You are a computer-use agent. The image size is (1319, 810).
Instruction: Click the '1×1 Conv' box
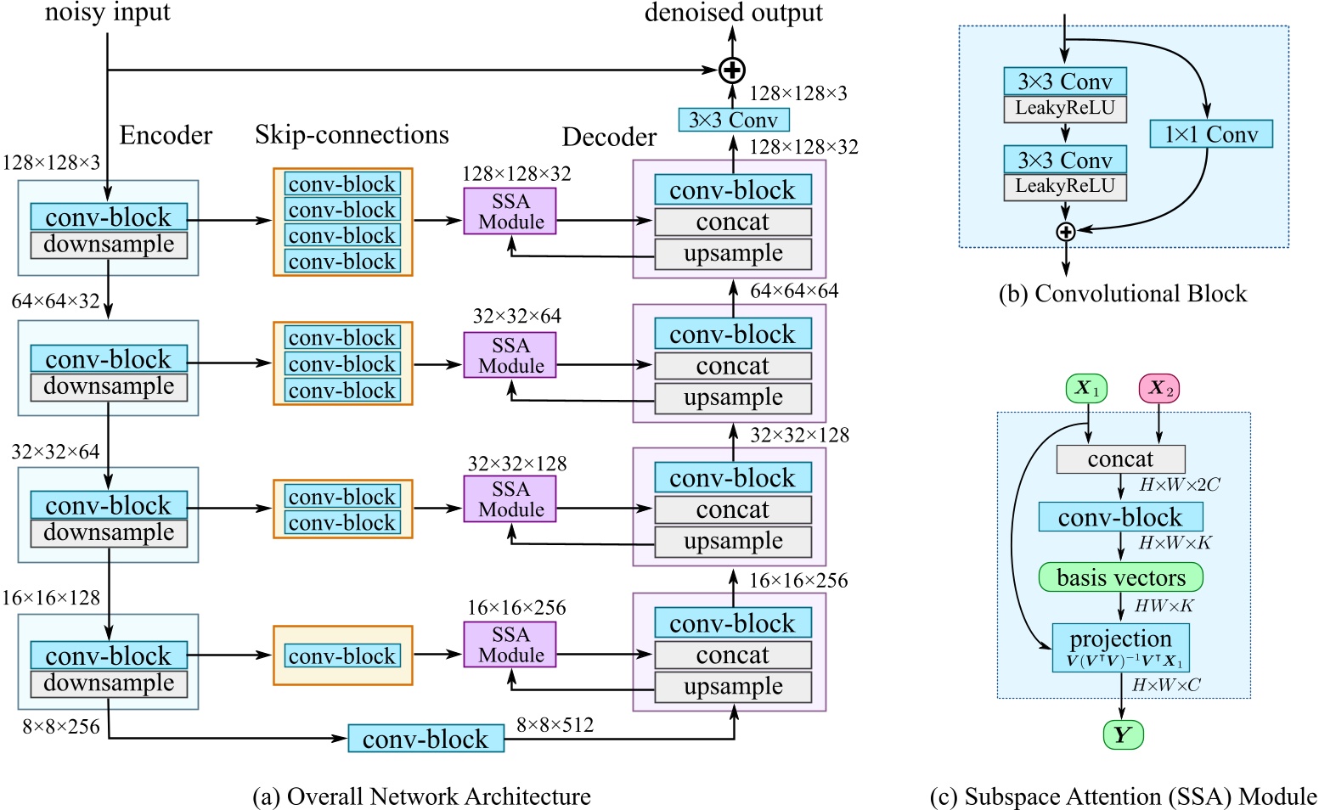[x=1210, y=134]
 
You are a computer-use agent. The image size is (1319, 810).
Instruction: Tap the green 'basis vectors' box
[x=1120, y=578]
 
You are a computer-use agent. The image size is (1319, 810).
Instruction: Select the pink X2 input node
[x=1159, y=389]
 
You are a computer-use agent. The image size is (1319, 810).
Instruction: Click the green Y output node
[x=1123, y=734]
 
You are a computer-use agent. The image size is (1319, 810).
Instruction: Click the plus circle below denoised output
[x=731, y=70]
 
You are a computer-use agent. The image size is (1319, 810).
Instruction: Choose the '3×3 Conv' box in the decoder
[x=733, y=120]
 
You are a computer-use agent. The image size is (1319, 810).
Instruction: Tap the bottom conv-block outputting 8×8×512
[x=426, y=739]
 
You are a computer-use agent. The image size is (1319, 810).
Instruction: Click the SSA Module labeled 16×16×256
[x=510, y=644]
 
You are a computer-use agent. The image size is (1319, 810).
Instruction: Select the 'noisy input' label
[x=107, y=13]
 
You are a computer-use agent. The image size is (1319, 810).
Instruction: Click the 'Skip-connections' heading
[x=352, y=135]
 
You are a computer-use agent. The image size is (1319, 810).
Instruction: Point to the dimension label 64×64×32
[x=55, y=301]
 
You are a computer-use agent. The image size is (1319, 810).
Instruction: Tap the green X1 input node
[x=1087, y=389]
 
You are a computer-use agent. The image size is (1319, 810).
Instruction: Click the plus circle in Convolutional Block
[x=1065, y=232]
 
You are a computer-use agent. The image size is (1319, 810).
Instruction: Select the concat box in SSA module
[x=1120, y=459]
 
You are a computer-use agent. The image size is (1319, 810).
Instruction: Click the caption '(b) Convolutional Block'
[x=1123, y=294]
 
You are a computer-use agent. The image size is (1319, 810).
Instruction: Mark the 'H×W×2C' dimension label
[x=1179, y=485]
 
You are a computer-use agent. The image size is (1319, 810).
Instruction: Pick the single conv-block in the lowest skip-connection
[x=342, y=656]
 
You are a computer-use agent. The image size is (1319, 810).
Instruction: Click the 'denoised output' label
[x=733, y=13]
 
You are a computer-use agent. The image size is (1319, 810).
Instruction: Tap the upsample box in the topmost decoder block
[x=733, y=254]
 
